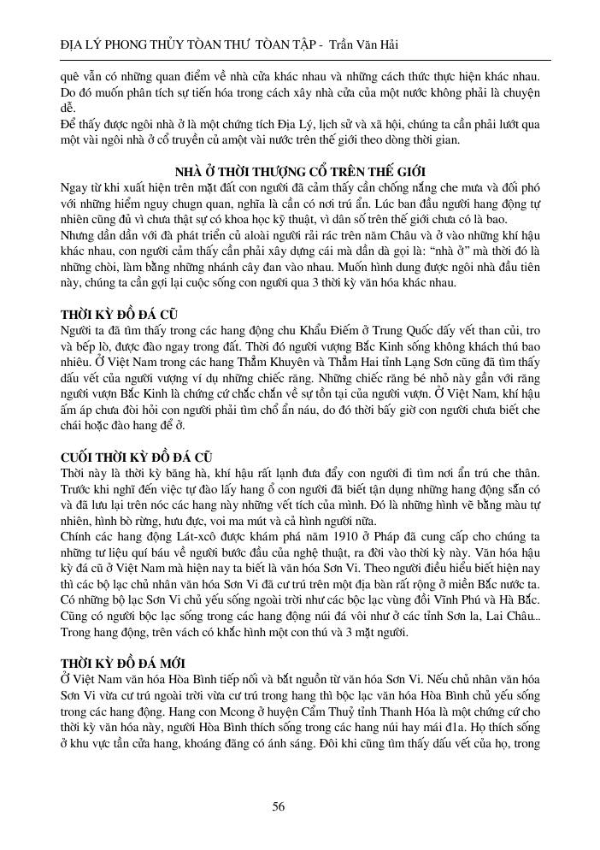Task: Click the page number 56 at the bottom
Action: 278,806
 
